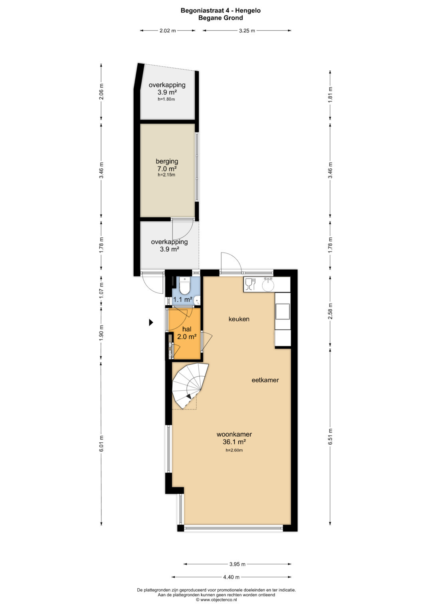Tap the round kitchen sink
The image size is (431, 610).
coord(268,285)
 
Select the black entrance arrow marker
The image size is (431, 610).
coord(151,322)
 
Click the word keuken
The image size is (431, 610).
coord(239,319)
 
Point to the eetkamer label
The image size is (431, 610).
coord(265,380)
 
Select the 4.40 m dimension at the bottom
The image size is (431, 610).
coord(231,577)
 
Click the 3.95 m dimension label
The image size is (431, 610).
coord(237,564)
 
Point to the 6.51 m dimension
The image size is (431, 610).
coord(330,444)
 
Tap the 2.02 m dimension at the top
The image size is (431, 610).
coord(168,30)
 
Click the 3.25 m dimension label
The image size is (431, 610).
coord(247,30)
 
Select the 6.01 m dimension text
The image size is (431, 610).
coord(101,443)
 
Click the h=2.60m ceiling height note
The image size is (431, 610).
coord(234,450)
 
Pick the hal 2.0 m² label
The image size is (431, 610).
coord(187,333)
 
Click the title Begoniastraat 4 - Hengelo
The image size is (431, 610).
coord(221,11)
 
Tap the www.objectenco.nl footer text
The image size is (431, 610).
coord(216,599)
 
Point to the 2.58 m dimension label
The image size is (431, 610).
coord(330,311)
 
